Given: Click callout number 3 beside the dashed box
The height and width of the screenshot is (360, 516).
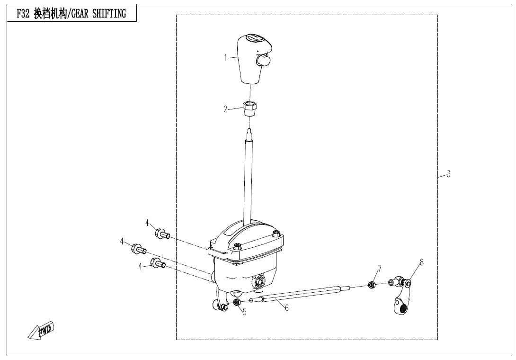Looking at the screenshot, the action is coord(448,174).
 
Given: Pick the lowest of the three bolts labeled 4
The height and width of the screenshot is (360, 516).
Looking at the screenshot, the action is coord(158,263).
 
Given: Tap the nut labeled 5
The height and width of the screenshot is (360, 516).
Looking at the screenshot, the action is coord(237,302).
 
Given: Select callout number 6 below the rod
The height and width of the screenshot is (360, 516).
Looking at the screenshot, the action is coord(286,308).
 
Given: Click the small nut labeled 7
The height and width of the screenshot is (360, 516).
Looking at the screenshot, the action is coord(371,285).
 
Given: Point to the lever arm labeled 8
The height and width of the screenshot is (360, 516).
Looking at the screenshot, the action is coord(401,295).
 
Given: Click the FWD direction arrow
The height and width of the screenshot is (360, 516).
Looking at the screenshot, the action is coord(41,330).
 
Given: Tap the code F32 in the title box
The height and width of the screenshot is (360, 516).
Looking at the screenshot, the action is coord(23,14).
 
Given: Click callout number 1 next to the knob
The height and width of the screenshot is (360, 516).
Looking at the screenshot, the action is coord(226,58).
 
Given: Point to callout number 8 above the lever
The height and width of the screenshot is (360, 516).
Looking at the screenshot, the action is coord(421,262).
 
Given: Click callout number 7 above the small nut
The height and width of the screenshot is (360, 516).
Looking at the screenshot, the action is coord(380,269).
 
